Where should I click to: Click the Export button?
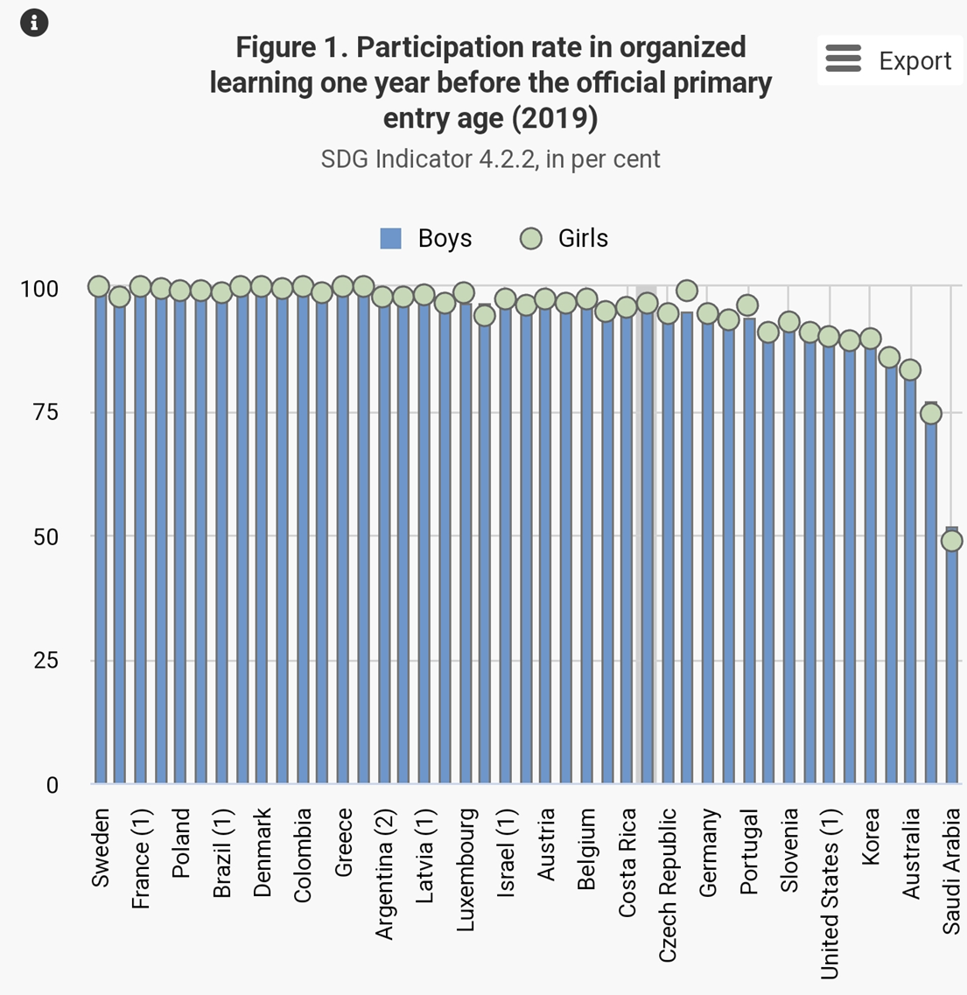tap(889, 60)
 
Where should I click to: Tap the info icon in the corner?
tap(33, 23)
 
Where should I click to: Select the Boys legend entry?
tap(426, 238)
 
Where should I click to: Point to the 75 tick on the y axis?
tap(46, 412)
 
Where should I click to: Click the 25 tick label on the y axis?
tap(46, 661)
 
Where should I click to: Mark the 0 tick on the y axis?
tap(52, 785)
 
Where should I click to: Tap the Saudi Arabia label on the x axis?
tap(951, 871)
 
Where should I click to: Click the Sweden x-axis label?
tap(101, 848)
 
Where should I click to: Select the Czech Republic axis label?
tap(668, 885)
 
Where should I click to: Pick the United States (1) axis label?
tap(830, 893)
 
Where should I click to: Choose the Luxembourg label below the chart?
tap(466, 870)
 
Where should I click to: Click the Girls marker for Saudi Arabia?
tap(951, 541)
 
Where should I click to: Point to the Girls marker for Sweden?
tap(99, 286)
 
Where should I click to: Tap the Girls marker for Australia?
tap(910, 370)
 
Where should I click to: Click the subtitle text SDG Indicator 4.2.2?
tap(490, 159)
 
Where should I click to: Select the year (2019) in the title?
tap(556, 118)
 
